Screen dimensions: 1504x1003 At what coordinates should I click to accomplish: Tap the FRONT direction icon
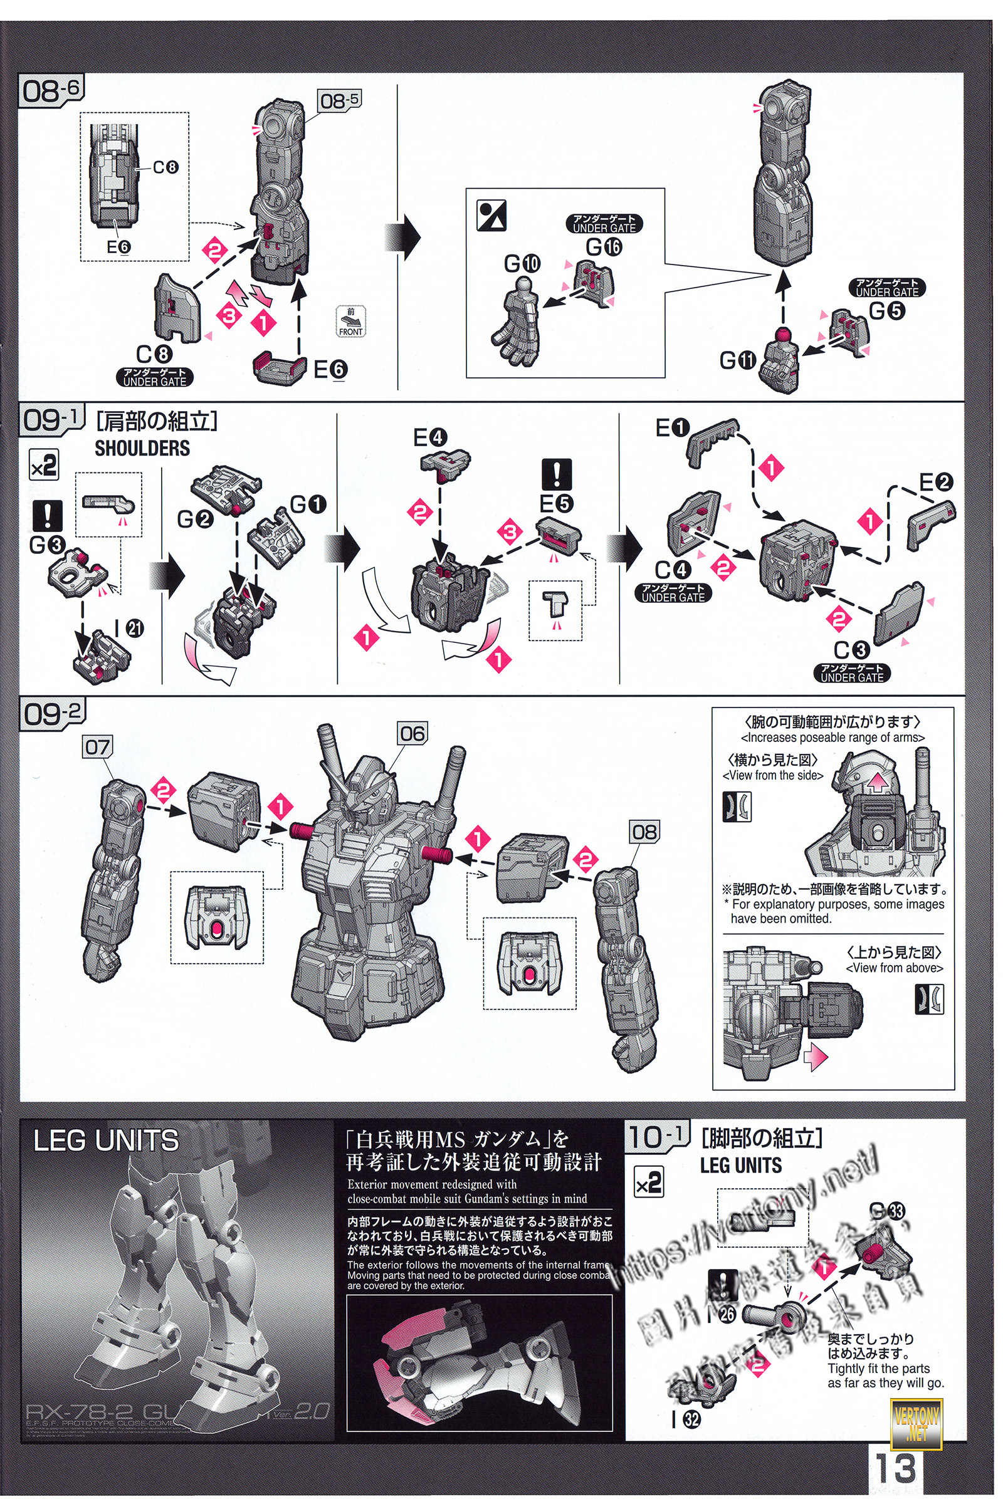pos(350,321)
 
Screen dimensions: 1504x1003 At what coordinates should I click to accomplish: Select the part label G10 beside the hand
pos(522,263)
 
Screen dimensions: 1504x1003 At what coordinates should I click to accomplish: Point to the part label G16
pos(604,246)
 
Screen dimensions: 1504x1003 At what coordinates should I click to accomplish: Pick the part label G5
pos(886,311)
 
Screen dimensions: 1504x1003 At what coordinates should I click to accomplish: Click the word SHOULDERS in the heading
pos(142,448)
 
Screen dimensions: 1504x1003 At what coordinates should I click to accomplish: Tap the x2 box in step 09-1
pos(44,465)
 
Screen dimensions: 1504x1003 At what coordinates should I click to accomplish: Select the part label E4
pos(430,438)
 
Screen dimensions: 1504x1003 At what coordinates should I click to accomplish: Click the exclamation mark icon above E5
pos(557,474)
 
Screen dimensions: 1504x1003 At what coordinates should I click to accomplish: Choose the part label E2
pos(936,483)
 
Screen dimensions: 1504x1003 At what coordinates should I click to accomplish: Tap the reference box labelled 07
pos(98,746)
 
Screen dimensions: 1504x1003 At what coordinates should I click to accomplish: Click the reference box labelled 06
pos(412,733)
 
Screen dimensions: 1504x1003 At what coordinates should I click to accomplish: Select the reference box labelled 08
pos(644,832)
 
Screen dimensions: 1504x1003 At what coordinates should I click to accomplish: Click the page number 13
pos(896,1469)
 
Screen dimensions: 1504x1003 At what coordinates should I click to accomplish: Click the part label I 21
pos(129,628)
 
